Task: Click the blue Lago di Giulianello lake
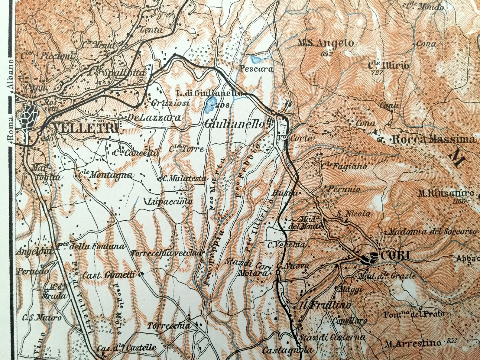210,105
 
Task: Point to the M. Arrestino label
413,343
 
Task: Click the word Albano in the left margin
10,75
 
